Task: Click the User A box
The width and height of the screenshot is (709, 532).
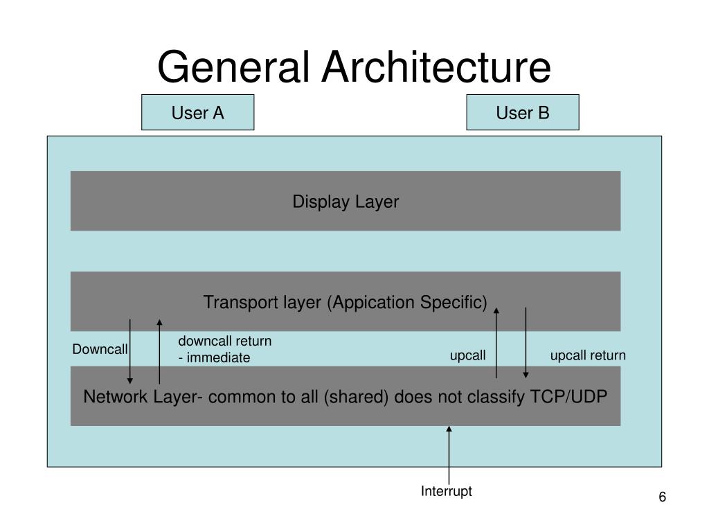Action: point(197,112)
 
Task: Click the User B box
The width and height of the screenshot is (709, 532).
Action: point(523,112)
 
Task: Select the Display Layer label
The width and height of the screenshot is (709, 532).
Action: point(346,202)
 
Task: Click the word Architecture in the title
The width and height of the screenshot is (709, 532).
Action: point(436,67)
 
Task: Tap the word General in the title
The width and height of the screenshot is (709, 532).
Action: point(233,67)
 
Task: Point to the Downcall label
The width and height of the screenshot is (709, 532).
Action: point(100,349)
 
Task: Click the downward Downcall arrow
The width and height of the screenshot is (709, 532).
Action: point(129,351)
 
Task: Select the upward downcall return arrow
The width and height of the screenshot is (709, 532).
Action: point(159,351)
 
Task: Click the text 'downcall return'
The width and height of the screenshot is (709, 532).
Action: point(225,341)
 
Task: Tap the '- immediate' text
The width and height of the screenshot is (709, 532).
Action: point(214,357)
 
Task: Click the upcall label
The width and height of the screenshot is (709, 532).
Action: point(467,355)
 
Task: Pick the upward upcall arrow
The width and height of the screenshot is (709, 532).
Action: point(496,343)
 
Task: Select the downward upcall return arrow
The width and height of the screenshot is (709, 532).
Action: point(526,343)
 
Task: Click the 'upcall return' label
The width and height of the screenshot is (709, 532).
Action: point(588,355)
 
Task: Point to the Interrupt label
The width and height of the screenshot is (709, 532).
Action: point(447,491)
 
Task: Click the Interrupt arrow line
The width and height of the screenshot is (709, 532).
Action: point(449,455)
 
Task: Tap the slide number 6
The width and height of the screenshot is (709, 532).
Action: point(662,497)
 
